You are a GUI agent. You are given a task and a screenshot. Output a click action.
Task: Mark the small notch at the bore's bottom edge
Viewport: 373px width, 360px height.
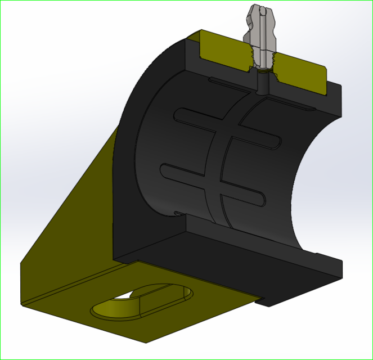[177, 213]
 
